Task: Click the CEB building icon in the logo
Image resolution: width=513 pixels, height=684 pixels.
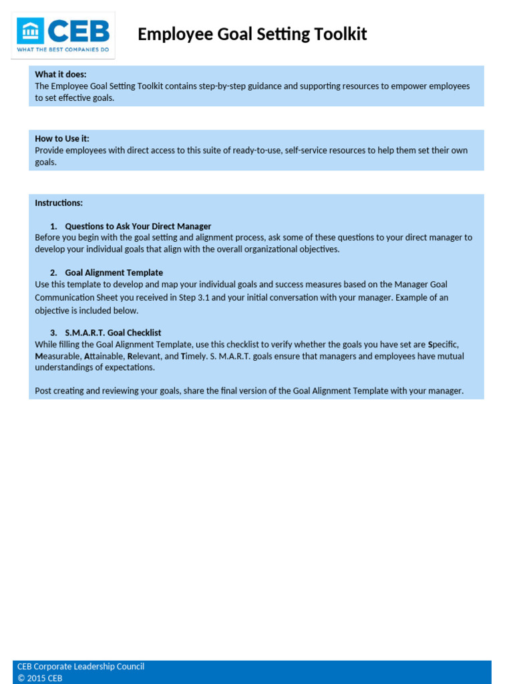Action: coord(31,31)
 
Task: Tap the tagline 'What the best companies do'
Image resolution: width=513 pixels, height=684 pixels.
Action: coord(63,50)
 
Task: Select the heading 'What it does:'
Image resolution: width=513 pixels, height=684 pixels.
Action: coord(61,74)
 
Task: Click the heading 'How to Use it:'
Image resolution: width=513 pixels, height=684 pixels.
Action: coord(62,138)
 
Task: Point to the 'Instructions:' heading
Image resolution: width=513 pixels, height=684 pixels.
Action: coord(59,202)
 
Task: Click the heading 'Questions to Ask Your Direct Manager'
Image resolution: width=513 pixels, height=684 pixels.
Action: coord(138,226)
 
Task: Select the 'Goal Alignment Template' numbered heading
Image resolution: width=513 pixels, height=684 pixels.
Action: coord(114,273)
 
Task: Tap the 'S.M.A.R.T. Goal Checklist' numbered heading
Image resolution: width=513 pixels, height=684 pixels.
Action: coord(113,333)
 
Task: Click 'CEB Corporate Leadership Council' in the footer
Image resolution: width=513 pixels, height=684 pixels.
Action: coord(81,666)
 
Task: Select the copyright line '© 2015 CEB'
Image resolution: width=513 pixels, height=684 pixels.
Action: coord(40,678)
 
